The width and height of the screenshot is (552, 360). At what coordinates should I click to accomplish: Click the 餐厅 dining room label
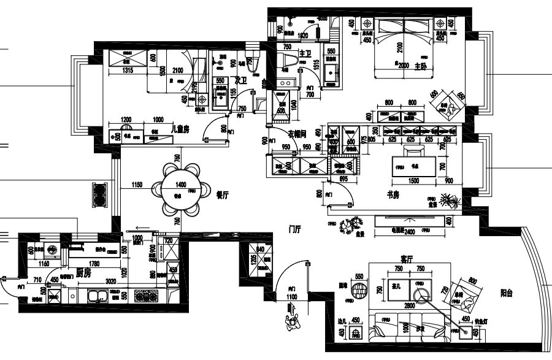(222, 194)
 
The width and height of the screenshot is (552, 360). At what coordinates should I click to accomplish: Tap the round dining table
(182, 188)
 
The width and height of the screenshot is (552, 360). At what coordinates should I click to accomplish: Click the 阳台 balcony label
(506, 293)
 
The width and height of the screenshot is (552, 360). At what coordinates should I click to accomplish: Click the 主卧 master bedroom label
(420, 66)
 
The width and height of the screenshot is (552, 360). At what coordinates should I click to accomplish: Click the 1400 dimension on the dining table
(182, 184)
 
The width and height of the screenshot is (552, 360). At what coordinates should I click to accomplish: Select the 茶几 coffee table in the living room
(397, 285)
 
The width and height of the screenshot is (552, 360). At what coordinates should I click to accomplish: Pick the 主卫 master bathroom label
(305, 55)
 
